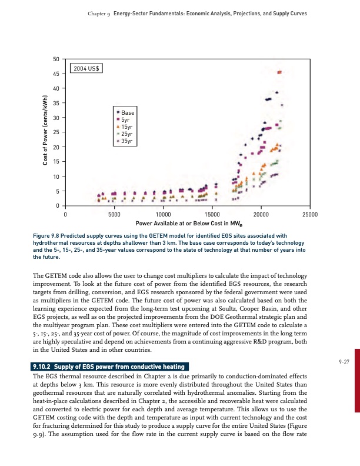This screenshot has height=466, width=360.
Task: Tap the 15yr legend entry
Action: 126,127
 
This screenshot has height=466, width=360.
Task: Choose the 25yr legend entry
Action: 126,134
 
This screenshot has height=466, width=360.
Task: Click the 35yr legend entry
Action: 126,141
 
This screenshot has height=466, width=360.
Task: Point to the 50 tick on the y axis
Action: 56,59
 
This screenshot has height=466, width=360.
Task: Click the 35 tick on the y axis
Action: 56,103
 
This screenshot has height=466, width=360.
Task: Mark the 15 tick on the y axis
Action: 56,162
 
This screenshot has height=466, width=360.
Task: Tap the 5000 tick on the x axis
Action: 114,214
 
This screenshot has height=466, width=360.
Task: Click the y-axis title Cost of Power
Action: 45,132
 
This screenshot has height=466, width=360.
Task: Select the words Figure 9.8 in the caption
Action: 49,235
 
